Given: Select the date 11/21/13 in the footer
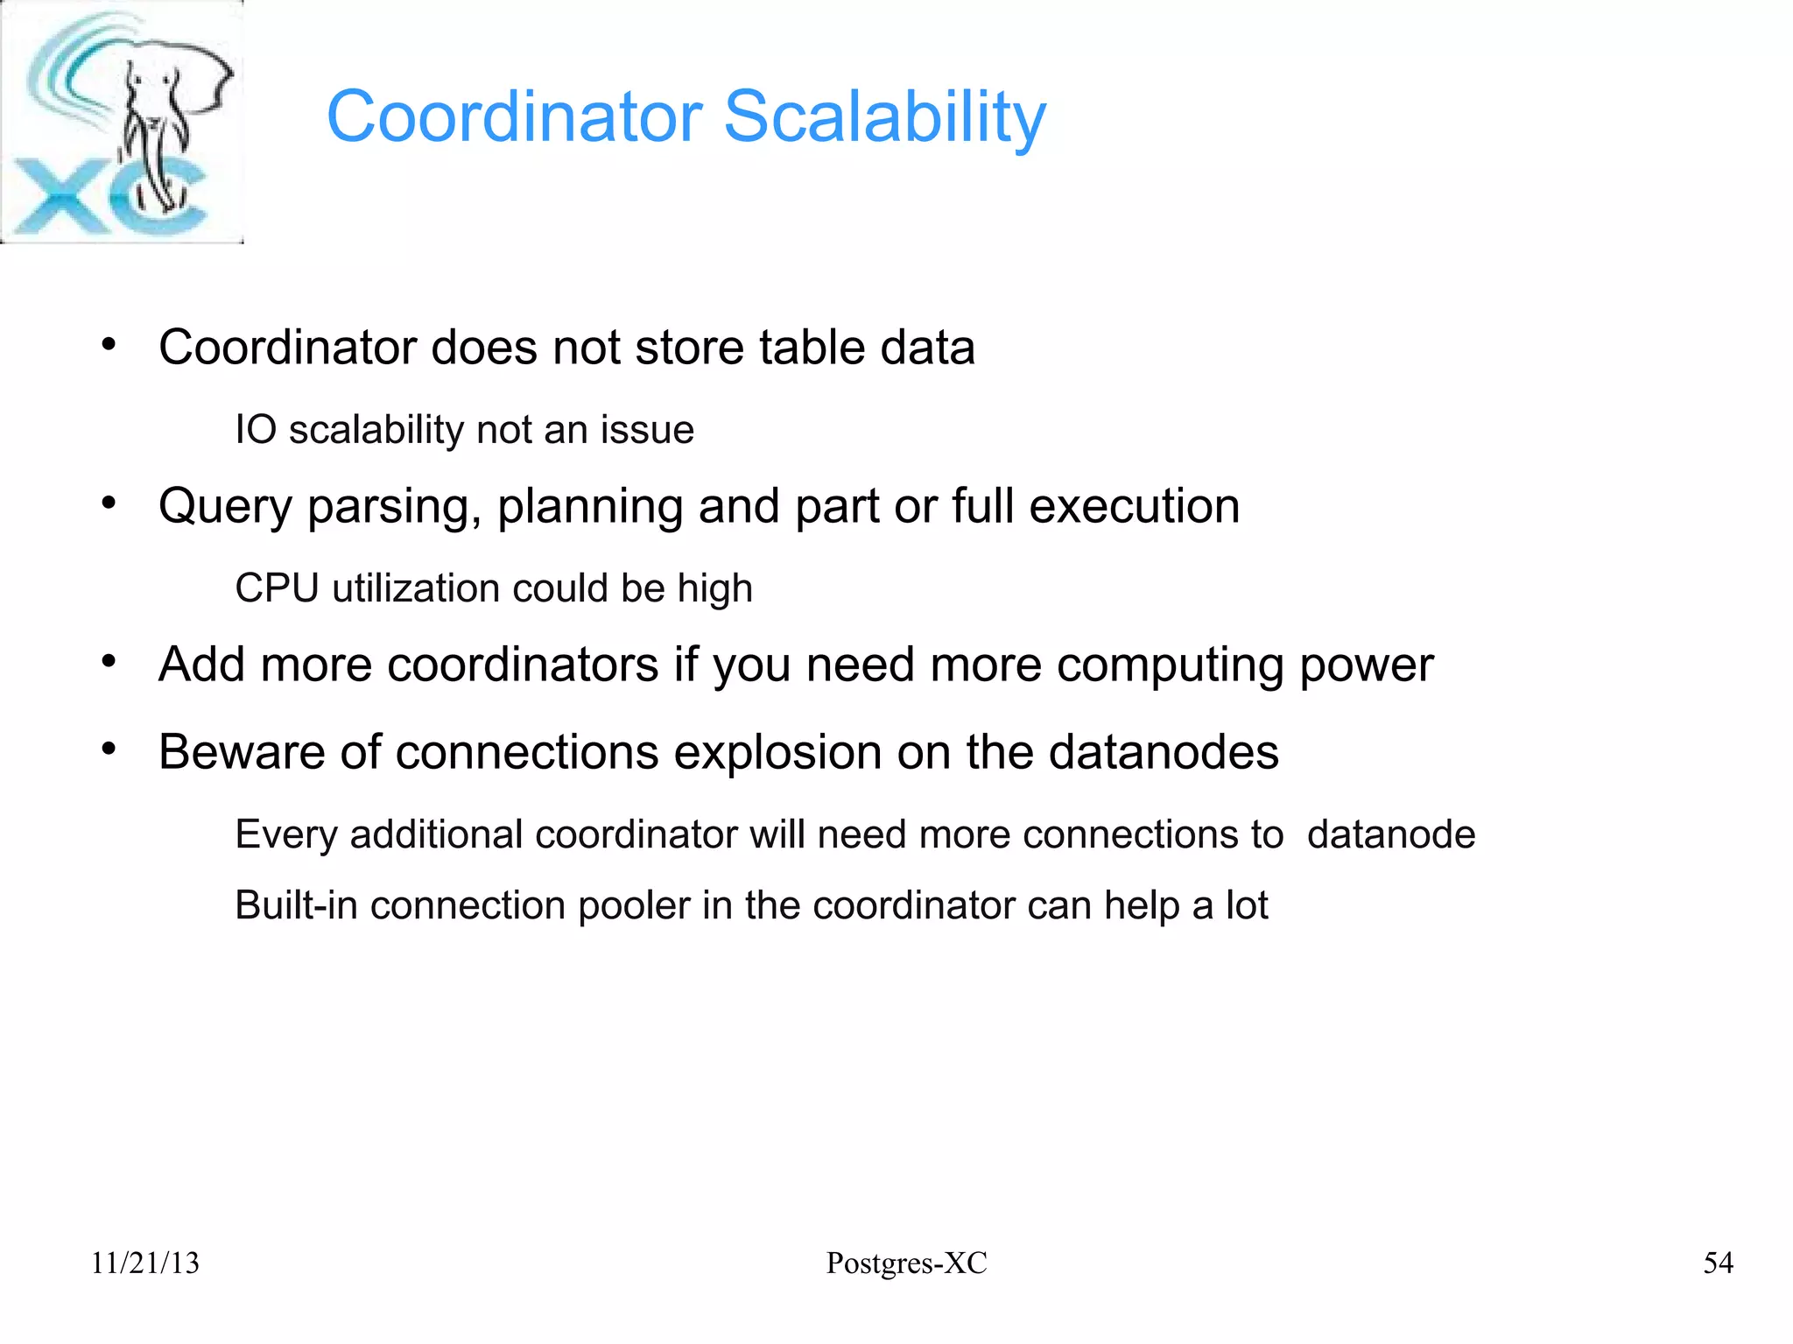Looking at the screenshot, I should tap(145, 1263).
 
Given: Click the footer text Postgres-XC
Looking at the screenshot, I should tap(906, 1263).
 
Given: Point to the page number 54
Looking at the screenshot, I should tap(1718, 1263).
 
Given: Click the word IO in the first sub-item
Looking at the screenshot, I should tap(256, 430).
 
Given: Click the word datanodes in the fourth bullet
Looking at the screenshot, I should tap(1164, 752).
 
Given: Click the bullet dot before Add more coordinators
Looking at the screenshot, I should tap(109, 662).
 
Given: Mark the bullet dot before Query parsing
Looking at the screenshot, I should tap(109, 503).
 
